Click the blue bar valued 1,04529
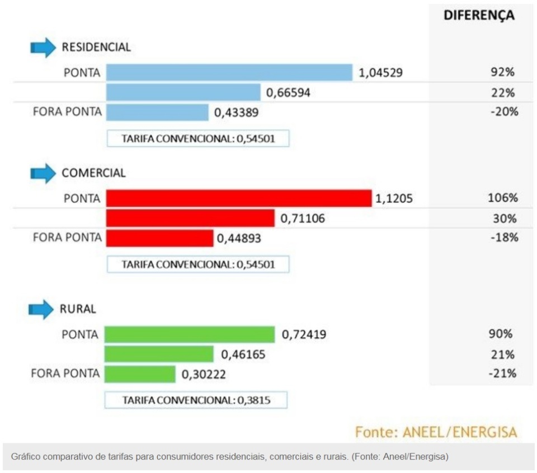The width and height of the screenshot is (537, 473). (229, 73)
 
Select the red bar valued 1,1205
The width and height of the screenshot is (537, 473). (239, 198)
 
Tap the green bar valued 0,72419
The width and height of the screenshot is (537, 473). (190, 334)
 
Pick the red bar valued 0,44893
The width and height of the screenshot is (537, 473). (160, 238)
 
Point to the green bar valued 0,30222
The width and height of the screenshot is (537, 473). (140, 373)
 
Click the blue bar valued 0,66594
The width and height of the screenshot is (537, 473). (183, 92)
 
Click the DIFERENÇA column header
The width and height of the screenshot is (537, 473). (479, 16)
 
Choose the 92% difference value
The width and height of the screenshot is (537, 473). (503, 73)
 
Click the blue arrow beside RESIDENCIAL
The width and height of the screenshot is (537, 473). (43, 48)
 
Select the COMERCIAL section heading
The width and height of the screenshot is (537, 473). (93, 173)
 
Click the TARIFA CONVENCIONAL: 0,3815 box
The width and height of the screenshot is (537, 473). (196, 400)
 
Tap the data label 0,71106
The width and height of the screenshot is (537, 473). (303, 219)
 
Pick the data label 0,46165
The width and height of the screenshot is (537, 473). (243, 354)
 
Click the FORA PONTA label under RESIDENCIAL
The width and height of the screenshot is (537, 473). (68, 112)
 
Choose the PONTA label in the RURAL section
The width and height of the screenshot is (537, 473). (80, 335)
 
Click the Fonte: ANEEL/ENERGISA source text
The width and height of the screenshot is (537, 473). (436, 432)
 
